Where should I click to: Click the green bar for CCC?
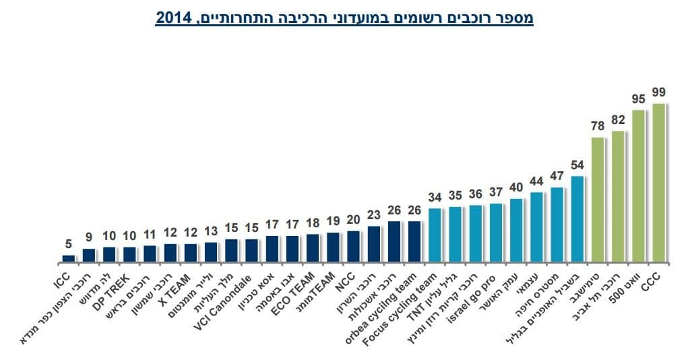click(659, 183)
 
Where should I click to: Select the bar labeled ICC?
click(69, 258)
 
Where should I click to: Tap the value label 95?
click(639, 100)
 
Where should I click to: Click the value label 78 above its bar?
click(598, 126)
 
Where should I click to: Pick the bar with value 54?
click(577, 219)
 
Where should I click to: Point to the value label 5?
click(68, 245)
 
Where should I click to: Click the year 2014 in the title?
click(172, 18)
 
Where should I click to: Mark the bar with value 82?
click(619, 196)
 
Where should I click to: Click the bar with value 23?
click(375, 244)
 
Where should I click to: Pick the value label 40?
click(516, 187)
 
